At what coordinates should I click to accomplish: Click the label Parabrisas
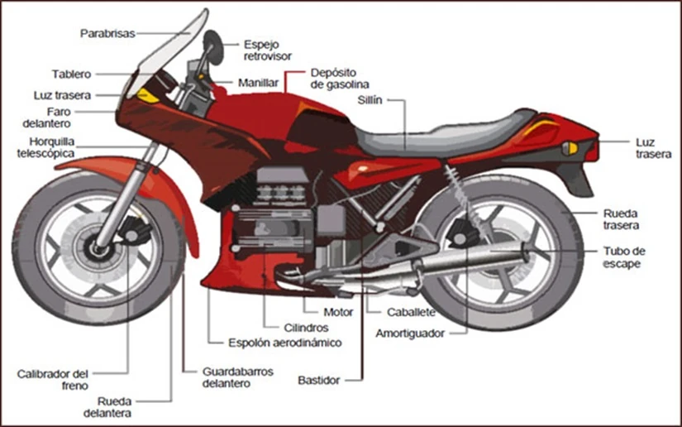click(107, 33)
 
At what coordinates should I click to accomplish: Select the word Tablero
click(71, 74)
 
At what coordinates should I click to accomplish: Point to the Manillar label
click(258, 84)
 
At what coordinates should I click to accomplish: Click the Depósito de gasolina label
click(339, 79)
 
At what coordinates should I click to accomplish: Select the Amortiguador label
click(410, 333)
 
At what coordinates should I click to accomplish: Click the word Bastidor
click(318, 381)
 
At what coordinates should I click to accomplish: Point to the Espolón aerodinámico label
click(285, 342)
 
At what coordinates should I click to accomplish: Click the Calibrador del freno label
click(51, 380)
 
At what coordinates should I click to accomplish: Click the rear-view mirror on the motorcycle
click(212, 42)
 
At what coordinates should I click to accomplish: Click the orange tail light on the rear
click(570, 148)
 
